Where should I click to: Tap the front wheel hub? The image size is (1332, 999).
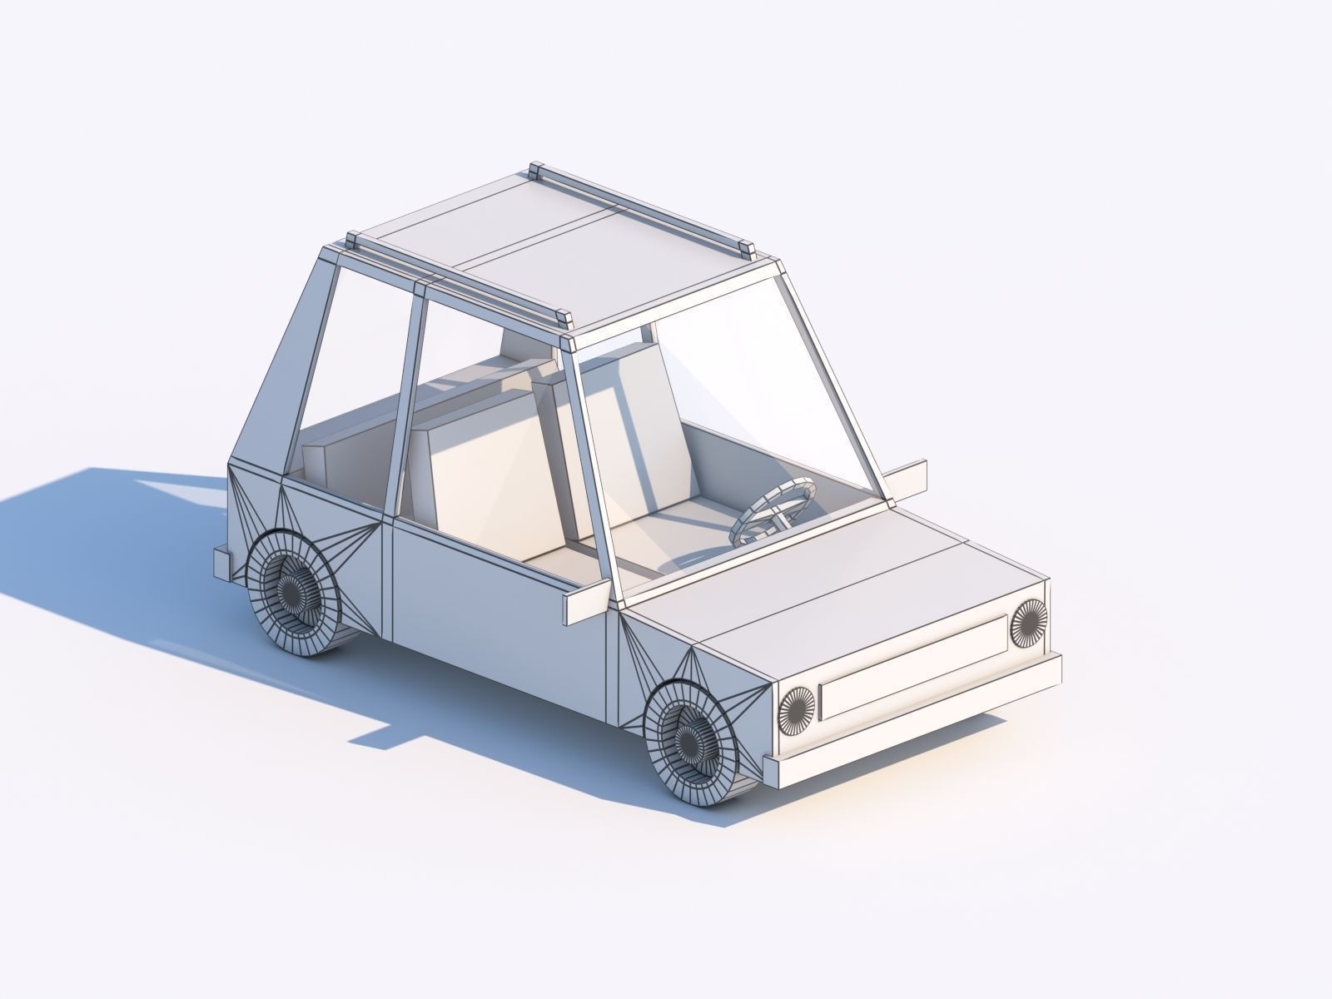(688, 737)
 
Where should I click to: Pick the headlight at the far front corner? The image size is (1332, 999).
(1028, 623)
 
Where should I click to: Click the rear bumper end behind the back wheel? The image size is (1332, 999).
(223, 564)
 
